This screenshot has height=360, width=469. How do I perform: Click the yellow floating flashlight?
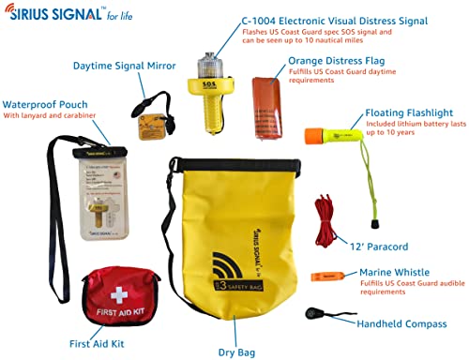[x=340, y=129]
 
